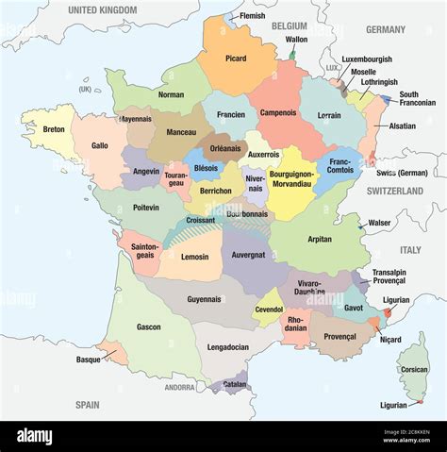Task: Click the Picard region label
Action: [236, 59]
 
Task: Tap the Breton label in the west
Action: [54, 129]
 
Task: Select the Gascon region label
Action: [148, 326]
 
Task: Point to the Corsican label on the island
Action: [414, 370]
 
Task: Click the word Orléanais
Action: [223, 147]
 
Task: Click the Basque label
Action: [89, 360]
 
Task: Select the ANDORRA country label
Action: [179, 388]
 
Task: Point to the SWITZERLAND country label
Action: [395, 191]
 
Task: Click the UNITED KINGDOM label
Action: [103, 9]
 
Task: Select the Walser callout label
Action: [380, 224]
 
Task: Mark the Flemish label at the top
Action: [252, 16]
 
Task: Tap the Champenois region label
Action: [278, 113]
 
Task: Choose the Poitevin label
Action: [146, 207]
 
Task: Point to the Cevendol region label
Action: [270, 309]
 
